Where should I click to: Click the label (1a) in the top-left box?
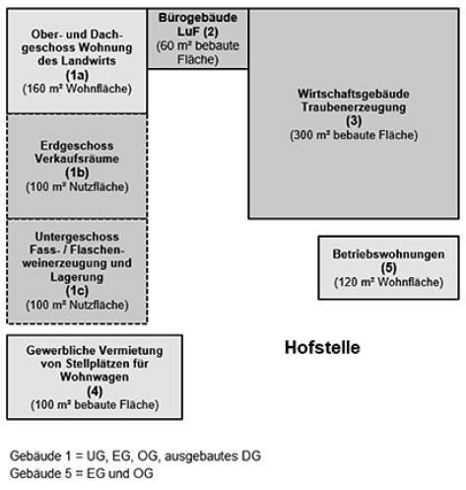[76, 75]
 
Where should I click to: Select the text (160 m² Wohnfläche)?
[76, 88]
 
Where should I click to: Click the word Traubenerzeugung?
[352, 105]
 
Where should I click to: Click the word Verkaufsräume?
[76, 157]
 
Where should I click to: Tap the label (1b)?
[76, 171]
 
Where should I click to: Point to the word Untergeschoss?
[76, 238]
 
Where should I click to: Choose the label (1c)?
[76, 292]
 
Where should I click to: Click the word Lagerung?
[76, 278]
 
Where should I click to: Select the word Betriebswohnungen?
[388, 253]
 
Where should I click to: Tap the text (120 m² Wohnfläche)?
[388, 281]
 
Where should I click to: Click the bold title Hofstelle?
[322, 348]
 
